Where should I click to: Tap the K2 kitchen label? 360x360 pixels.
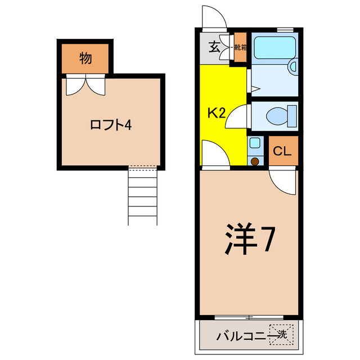217,112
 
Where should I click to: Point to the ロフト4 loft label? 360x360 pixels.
111,125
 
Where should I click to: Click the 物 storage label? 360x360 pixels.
85,57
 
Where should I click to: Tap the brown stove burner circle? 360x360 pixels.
255,161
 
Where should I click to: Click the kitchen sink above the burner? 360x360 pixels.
255,144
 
